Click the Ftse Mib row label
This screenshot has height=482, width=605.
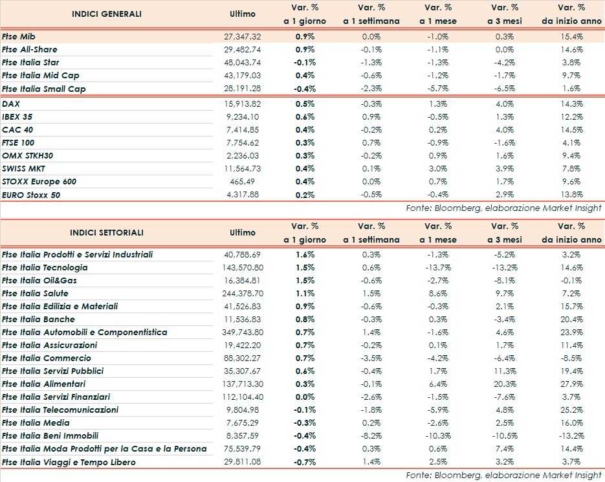(18, 37)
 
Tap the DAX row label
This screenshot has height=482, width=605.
(10, 104)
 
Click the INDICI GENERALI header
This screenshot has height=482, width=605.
(107, 14)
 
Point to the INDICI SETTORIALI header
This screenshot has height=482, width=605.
(107, 232)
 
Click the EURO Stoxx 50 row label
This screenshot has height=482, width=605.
(31, 194)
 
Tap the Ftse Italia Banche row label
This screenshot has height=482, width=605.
(38, 319)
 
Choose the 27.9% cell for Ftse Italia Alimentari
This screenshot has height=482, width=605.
(570, 384)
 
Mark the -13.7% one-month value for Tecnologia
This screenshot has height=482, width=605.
(439, 267)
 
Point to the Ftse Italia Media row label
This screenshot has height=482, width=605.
(36, 422)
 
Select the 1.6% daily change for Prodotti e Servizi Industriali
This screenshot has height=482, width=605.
(305, 254)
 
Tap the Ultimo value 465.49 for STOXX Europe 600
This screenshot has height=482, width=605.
(249, 181)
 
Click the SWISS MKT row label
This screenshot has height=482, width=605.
(23, 168)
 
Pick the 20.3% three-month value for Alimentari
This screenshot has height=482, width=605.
(505, 384)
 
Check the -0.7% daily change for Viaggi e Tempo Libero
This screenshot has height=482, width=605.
(305, 461)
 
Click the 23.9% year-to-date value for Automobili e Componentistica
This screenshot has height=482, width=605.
(570, 332)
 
